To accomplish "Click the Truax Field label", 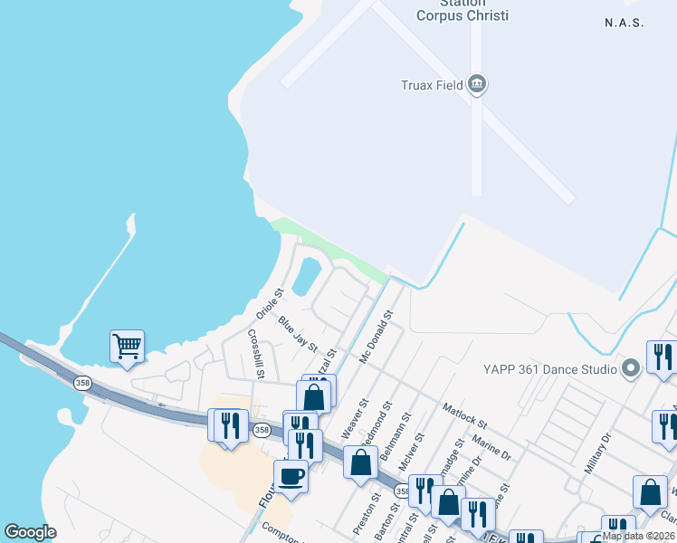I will (x=432, y=86).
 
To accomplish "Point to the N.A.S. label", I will (x=624, y=23).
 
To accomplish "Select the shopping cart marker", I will (x=128, y=346).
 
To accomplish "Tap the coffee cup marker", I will (x=291, y=475).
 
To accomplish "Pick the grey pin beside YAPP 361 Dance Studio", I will (x=632, y=368).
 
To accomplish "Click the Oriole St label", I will (x=269, y=304).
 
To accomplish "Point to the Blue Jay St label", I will (x=298, y=334).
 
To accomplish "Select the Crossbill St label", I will (x=256, y=353).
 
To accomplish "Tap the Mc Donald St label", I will (x=377, y=338).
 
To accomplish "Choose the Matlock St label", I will (x=465, y=416).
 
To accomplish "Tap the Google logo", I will (x=30, y=532).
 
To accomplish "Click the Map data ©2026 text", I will (x=638, y=536).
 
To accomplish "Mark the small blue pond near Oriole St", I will (x=306, y=275).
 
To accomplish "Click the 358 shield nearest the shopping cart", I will (x=83, y=382).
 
